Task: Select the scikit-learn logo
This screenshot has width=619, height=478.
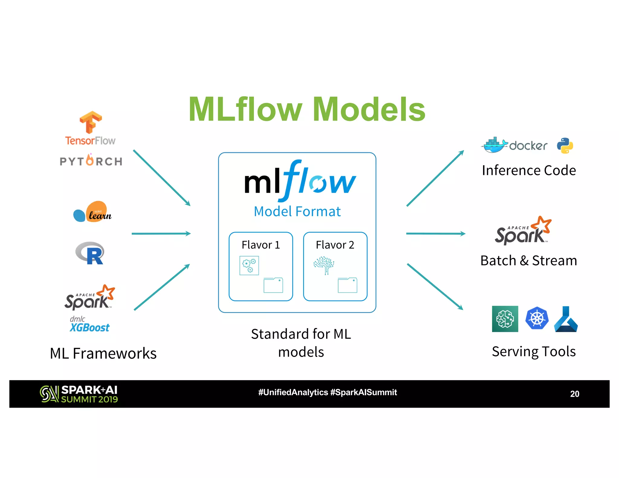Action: pyautogui.click(x=92, y=212)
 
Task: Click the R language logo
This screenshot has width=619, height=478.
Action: pyautogui.click(x=90, y=253)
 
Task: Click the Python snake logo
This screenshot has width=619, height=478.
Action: pyautogui.click(x=565, y=146)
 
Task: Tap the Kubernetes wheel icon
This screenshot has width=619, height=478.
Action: pyautogui.click(x=536, y=318)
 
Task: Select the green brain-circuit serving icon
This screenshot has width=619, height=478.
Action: pyautogui.click(x=505, y=319)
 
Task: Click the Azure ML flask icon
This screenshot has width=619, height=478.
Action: pyautogui.click(x=566, y=319)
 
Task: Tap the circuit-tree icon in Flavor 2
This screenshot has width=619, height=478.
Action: pyautogui.click(x=324, y=265)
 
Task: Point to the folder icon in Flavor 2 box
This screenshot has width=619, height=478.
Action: pyautogui.click(x=347, y=285)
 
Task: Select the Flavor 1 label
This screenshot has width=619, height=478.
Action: pyautogui.click(x=261, y=245)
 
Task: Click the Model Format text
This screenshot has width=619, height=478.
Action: pyautogui.click(x=297, y=212)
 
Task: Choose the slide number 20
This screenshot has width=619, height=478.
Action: pyautogui.click(x=574, y=394)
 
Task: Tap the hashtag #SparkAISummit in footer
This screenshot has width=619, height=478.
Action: pyautogui.click(x=363, y=392)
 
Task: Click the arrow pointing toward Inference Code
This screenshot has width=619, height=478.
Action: pyautogui.click(x=435, y=178)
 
